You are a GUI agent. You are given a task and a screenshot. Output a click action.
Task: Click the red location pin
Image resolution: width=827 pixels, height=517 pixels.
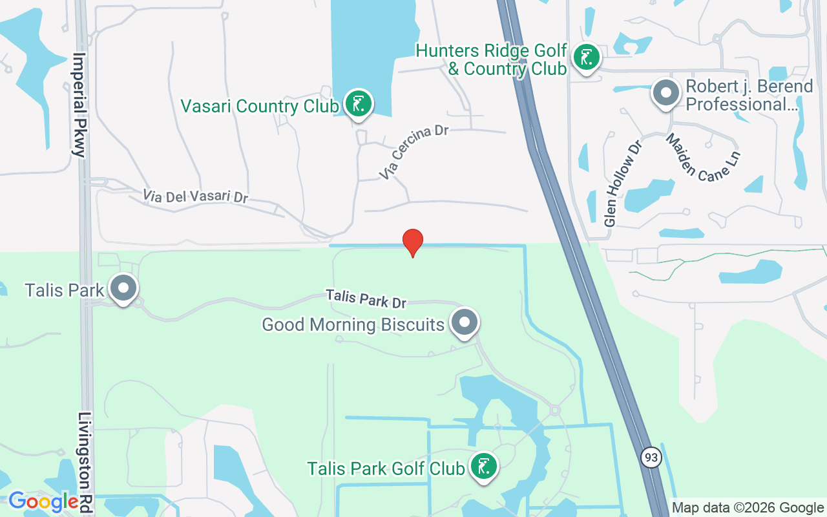click(x=413, y=242)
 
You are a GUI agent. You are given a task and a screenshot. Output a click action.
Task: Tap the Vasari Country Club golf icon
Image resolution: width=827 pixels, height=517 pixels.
click(x=359, y=103)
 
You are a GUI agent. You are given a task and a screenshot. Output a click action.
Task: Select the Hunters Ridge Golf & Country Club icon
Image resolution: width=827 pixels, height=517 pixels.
click(x=586, y=58)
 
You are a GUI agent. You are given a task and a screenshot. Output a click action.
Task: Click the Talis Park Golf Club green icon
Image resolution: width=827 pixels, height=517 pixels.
click(x=483, y=466)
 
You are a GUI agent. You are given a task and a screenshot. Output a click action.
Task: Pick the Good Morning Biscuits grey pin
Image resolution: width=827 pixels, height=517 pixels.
click(x=464, y=322)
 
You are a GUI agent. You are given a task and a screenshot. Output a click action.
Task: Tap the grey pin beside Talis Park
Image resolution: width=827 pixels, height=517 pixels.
click(x=123, y=289)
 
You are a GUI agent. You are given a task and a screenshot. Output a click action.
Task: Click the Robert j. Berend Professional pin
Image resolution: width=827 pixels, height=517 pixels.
click(x=665, y=93)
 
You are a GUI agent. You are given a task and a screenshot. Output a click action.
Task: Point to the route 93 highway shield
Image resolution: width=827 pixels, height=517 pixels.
click(x=651, y=458)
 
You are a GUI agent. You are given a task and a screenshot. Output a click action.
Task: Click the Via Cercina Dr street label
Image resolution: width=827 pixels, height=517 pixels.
click(x=413, y=153)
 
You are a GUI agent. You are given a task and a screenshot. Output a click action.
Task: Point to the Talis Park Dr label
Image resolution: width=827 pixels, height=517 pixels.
click(x=366, y=299)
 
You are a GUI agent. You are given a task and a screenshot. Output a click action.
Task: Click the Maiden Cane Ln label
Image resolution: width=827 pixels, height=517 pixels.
click(x=702, y=157)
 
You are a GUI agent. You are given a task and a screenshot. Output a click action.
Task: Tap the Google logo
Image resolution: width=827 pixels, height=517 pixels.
click(x=43, y=501)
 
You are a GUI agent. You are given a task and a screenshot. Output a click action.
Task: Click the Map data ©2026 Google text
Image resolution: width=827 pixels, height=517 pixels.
click(x=748, y=508)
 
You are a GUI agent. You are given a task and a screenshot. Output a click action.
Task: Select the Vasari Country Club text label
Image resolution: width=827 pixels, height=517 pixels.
click(x=259, y=106)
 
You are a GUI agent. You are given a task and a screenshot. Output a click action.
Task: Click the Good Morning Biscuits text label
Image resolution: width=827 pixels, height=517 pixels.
click(x=353, y=324)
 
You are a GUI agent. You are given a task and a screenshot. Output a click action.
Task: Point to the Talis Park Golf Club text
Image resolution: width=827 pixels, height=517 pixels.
click(x=386, y=469)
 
